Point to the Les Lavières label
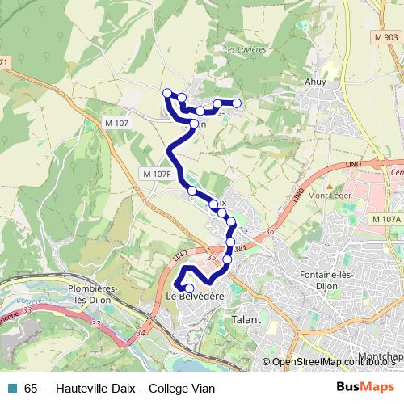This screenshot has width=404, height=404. tap(235, 49)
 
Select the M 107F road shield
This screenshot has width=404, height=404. tap(157, 174)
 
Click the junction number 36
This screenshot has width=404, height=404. tap(269, 232)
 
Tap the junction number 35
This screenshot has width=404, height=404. tap(212, 257)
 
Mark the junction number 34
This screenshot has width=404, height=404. tap(141, 332)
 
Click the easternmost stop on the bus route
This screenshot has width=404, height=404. tap(238, 103)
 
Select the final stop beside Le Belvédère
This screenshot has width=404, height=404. tap(190, 288)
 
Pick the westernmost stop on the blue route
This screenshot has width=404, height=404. tap(167, 93)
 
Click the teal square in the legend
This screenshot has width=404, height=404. tap(12, 388)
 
